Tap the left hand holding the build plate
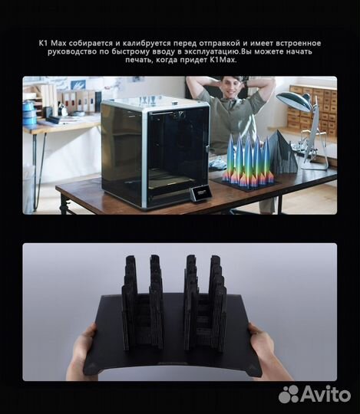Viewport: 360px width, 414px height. click(84, 354)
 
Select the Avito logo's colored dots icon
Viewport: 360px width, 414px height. click(289, 394)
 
